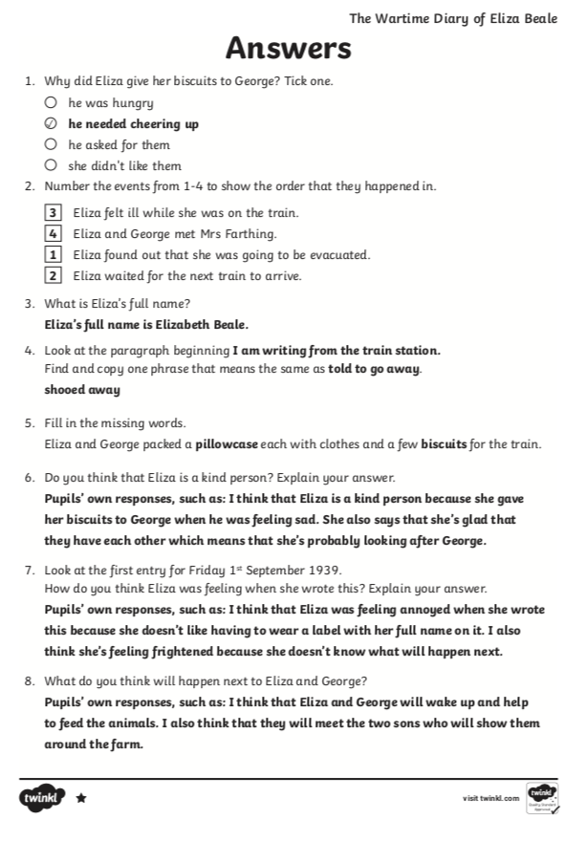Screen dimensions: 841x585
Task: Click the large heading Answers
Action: click(288, 49)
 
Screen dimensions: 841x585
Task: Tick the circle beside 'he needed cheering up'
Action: click(52, 124)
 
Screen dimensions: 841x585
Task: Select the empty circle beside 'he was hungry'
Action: click(52, 102)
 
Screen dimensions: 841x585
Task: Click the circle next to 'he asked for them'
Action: click(52, 145)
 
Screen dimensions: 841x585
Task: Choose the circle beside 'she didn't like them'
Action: click(52, 166)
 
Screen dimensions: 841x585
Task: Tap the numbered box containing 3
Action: click(54, 212)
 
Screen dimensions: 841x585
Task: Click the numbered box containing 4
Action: click(54, 233)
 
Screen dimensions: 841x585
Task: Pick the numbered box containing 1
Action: click(54, 255)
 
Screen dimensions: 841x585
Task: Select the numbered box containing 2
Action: click(54, 276)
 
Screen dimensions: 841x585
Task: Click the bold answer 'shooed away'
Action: click(82, 389)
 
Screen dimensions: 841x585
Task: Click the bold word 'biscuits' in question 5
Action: click(444, 443)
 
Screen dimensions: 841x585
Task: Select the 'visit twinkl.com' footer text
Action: click(490, 798)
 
